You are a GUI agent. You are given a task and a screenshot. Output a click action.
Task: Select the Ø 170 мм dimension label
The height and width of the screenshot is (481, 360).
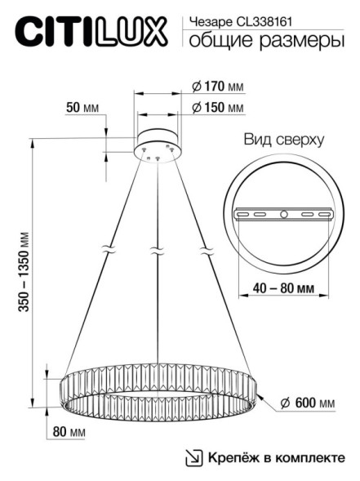click(x=218, y=86)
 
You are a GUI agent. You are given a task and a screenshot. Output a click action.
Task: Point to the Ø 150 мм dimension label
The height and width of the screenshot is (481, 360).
click(x=218, y=108)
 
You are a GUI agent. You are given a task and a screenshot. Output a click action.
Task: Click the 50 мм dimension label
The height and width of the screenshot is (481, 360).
click(x=79, y=108)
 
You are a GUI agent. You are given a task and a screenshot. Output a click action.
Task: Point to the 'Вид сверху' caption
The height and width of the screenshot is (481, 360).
click(x=283, y=140)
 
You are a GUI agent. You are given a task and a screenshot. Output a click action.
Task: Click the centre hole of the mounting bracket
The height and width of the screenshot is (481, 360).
click(x=282, y=214)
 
